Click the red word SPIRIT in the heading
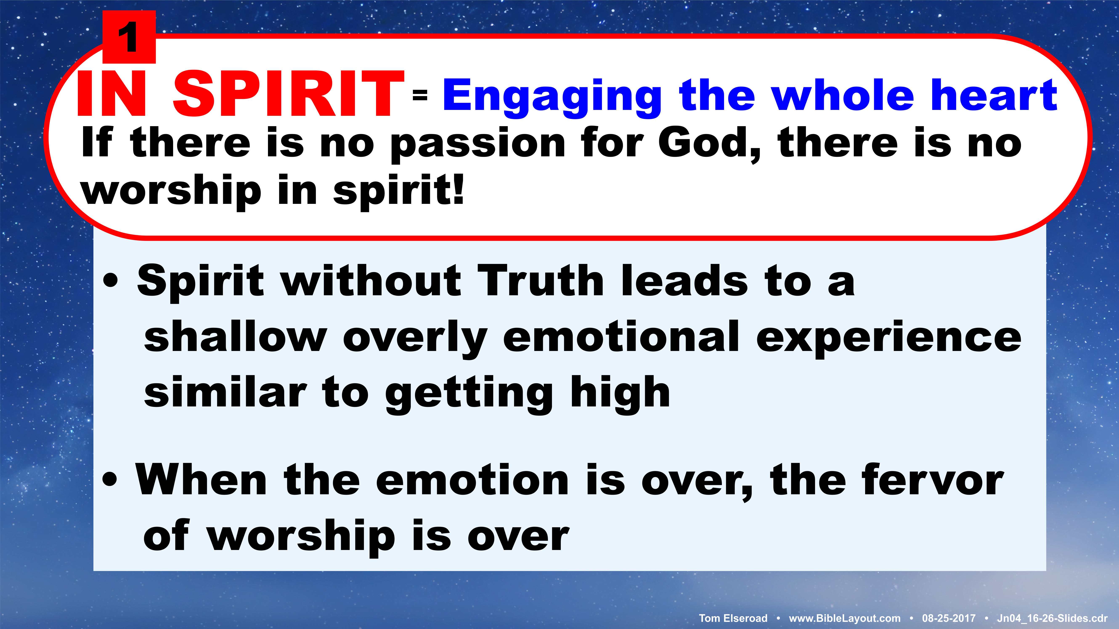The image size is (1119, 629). [x=289, y=94]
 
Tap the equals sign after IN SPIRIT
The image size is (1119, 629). [x=420, y=95]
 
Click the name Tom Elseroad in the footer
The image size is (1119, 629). [x=733, y=618]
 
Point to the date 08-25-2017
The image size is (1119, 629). [x=949, y=618]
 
